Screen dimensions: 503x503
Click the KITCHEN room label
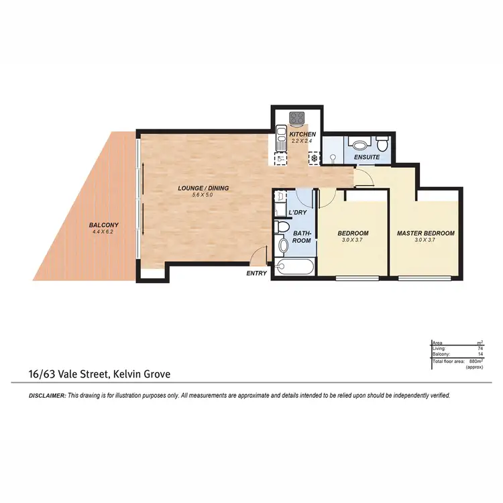(302, 135)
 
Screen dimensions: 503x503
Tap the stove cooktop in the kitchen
(296, 118)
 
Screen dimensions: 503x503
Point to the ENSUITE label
(367, 157)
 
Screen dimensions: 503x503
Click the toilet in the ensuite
(382, 144)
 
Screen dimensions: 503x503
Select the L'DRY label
(297, 213)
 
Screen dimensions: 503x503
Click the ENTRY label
(256, 273)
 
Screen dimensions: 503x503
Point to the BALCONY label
(104, 225)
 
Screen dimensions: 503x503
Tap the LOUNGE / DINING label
(203, 188)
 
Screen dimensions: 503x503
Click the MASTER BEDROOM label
(425, 233)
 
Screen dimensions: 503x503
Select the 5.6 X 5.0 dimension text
(204, 195)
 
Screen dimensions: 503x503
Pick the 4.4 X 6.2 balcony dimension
(104, 232)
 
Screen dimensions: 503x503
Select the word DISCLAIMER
(47, 396)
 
